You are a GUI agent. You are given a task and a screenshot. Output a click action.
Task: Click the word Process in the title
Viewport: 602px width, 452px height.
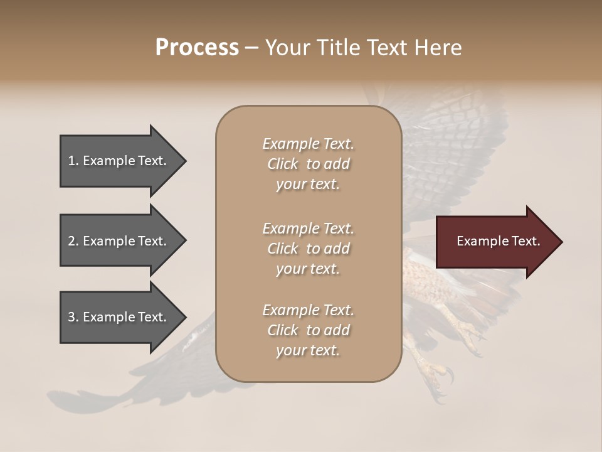coord(197,48)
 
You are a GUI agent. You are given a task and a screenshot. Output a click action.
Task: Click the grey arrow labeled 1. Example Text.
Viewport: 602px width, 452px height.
coord(119,161)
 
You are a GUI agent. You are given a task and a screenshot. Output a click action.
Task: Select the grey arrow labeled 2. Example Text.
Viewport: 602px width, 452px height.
coord(119,241)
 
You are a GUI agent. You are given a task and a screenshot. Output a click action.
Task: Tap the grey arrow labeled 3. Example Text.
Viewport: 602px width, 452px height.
coord(119,317)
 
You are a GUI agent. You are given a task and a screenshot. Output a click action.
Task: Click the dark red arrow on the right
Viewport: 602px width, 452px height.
coord(495,242)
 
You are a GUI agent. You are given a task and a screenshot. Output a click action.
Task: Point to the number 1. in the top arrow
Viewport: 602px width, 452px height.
coord(73,161)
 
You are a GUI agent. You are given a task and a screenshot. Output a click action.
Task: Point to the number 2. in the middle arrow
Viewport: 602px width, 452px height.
coord(73,241)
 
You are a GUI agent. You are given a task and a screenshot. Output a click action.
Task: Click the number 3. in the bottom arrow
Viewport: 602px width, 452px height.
coord(73,317)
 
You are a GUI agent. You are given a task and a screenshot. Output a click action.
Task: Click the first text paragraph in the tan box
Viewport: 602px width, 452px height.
coord(308,164)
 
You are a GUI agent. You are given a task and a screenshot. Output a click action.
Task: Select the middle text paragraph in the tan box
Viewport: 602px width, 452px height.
coord(308,249)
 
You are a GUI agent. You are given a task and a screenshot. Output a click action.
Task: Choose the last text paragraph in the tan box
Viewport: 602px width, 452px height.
coord(308,330)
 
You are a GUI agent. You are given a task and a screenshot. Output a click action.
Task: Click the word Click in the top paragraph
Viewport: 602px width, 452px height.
coord(282,164)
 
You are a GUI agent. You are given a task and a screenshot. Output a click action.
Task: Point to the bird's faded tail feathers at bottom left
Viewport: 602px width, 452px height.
coord(94,402)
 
